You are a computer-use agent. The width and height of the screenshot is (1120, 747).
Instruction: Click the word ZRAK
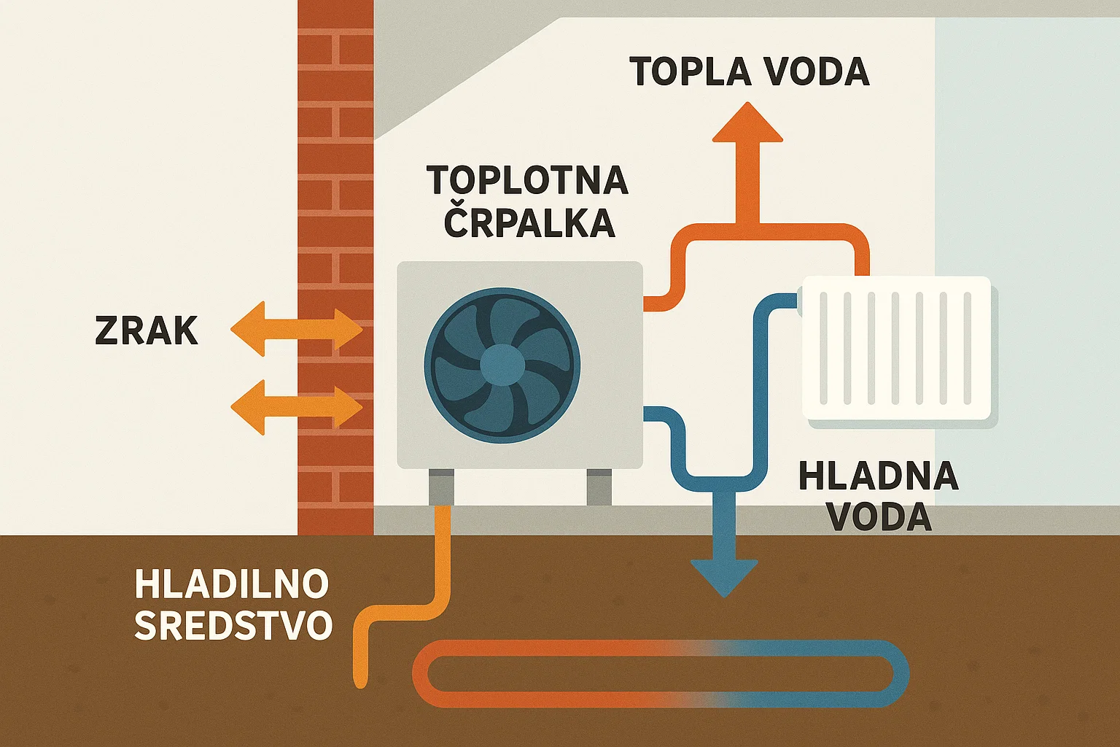point(147,331)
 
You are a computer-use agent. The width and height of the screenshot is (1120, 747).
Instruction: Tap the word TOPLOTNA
point(527,180)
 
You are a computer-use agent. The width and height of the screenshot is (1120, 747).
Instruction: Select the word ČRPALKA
point(529,222)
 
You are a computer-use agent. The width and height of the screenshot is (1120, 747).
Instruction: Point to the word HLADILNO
point(232,584)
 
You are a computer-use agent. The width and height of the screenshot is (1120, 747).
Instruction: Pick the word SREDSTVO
point(234,626)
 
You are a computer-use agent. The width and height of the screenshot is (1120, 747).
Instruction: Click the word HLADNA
point(879,476)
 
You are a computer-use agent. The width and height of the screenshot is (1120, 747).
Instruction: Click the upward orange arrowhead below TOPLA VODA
point(747,124)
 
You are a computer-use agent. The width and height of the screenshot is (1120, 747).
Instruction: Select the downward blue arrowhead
point(724,576)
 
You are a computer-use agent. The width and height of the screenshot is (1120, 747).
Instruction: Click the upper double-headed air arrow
point(296,332)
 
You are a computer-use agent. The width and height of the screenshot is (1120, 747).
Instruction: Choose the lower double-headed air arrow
point(296,410)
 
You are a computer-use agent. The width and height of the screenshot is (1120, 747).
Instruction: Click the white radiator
point(897,348)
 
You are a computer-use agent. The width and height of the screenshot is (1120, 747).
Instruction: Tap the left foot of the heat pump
point(440,487)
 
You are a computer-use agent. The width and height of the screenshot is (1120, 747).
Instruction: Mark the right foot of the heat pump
point(599,487)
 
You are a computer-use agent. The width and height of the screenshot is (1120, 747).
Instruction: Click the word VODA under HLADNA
point(880,517)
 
